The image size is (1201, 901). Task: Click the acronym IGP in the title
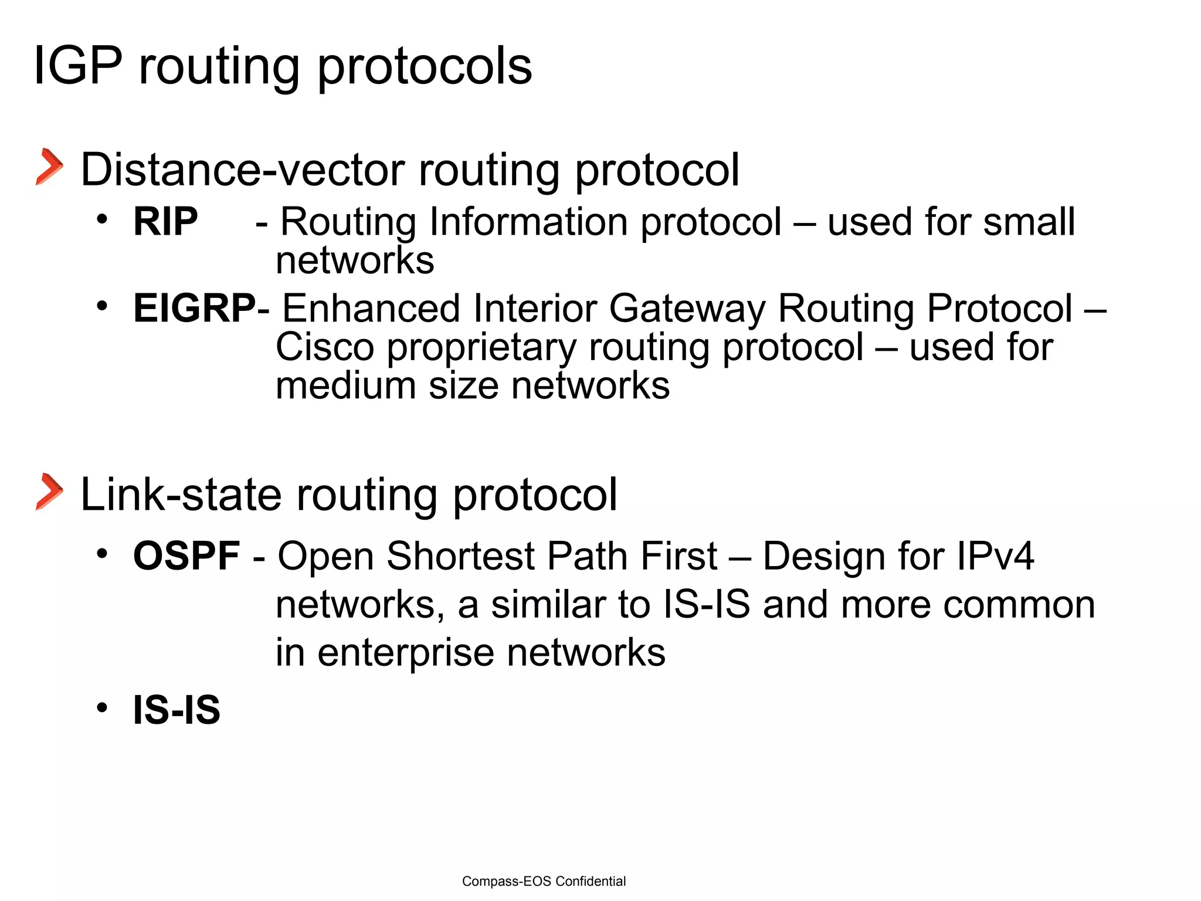[78, 66]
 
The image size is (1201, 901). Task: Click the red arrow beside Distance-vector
[50, 167]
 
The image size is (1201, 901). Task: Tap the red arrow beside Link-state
[50, 492]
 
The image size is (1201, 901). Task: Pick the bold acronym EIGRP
[194, 309]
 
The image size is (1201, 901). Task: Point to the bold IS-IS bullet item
[177, 710]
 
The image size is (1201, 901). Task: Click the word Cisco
[324, 347]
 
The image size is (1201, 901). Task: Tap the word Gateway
[687, 309]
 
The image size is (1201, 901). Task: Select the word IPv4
[995, 556]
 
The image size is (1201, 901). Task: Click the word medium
[345, 386]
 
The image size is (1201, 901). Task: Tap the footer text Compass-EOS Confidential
[544, 881]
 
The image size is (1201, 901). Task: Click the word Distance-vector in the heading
[242, 170]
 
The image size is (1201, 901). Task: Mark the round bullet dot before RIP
[103, 219]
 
